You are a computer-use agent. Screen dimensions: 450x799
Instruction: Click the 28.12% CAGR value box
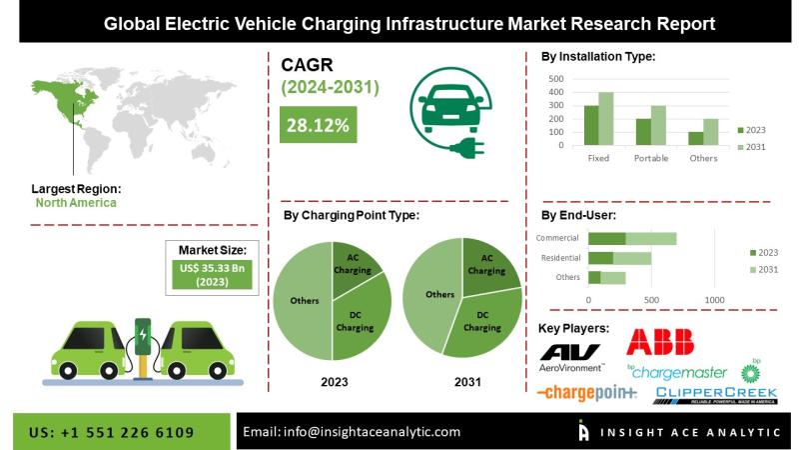point(317,125)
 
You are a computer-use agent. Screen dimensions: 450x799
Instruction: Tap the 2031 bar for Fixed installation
point(605,119)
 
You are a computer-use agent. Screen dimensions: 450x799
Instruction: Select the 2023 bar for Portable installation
point(643,132)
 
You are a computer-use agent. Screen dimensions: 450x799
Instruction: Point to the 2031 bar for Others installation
point(709,132)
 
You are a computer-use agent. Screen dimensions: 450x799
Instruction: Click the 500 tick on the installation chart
point(556,78)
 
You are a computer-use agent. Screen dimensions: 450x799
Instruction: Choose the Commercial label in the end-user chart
point(557,238)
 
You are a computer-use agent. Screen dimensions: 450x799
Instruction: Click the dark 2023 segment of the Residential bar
point(600,257)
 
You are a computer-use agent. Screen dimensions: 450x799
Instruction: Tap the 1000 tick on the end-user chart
point(714,299)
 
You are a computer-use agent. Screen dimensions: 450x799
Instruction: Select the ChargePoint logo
point(586,393)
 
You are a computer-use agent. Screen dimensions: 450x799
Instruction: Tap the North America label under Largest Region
point(76,203)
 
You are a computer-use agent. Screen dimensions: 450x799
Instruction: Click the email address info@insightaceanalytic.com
point(353,431)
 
